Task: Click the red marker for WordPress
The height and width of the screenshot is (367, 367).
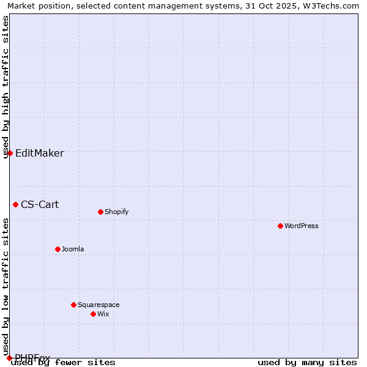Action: (x=280, y=226)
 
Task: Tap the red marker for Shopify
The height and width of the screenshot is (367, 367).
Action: (x=100, y=212)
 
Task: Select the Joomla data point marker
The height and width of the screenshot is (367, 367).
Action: (x=57, y=249)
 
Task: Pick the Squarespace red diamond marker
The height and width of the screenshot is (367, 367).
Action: (x=73, y=305)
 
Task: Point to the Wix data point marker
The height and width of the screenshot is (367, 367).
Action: (x=93, y=314)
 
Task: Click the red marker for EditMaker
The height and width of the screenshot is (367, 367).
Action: (x=10, y=153)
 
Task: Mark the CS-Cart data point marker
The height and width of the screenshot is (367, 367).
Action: (x=15, y=204)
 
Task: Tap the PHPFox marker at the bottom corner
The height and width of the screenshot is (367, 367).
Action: (x=9, y=358)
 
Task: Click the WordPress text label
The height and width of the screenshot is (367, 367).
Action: (x=302, y=226)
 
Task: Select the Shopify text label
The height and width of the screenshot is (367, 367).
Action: (x=116, y=212)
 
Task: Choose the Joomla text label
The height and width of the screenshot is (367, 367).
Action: (x=73, y=249)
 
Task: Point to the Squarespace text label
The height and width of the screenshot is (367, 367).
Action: (x=98, y=305)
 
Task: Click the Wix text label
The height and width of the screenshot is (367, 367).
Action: (x=103, y=314)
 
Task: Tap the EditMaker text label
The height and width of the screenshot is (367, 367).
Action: (x=39, y=153)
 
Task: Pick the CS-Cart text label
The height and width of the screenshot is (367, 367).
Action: (x=40, y=204)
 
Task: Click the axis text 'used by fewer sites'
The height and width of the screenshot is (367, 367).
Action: (x=63, y=363)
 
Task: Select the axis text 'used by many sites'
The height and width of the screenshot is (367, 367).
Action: (x=307, y=363)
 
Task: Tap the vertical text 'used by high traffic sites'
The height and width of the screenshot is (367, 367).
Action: (x=6, y=87)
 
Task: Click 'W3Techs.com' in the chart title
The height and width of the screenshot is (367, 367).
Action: (x=333, y=6)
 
